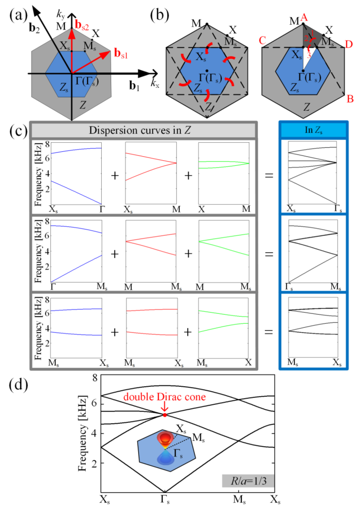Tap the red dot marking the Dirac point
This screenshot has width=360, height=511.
pyautogui.click(x=165, y=414)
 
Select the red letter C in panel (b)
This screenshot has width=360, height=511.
pyautogui.click(x=261, y=42)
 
